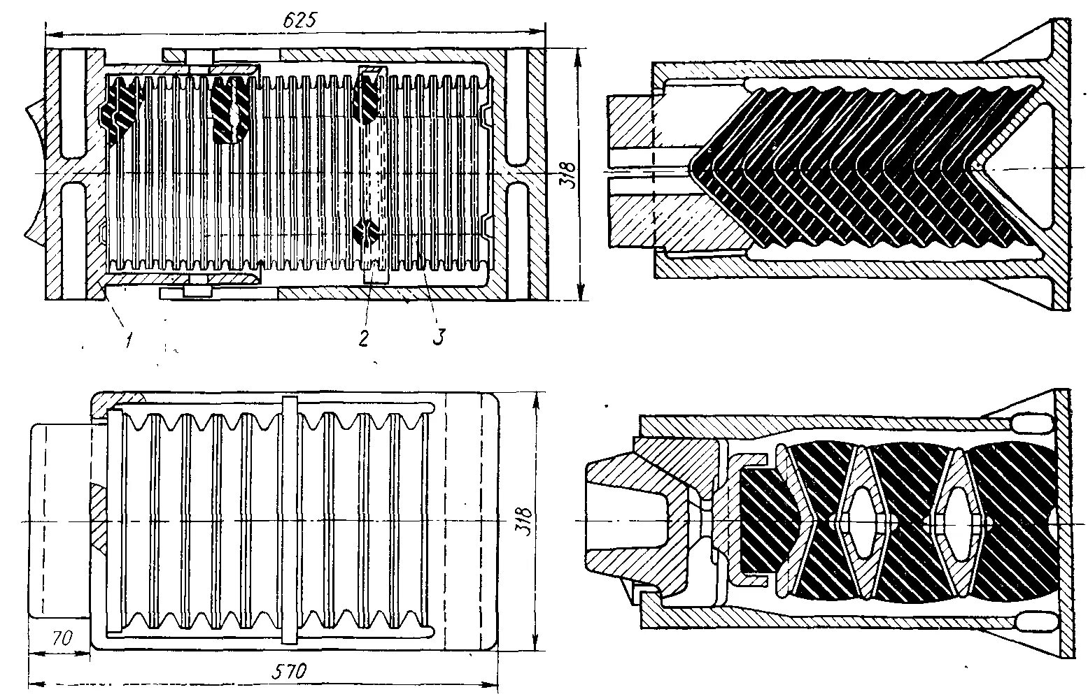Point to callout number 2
point(364,338)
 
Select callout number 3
point(438,337)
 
